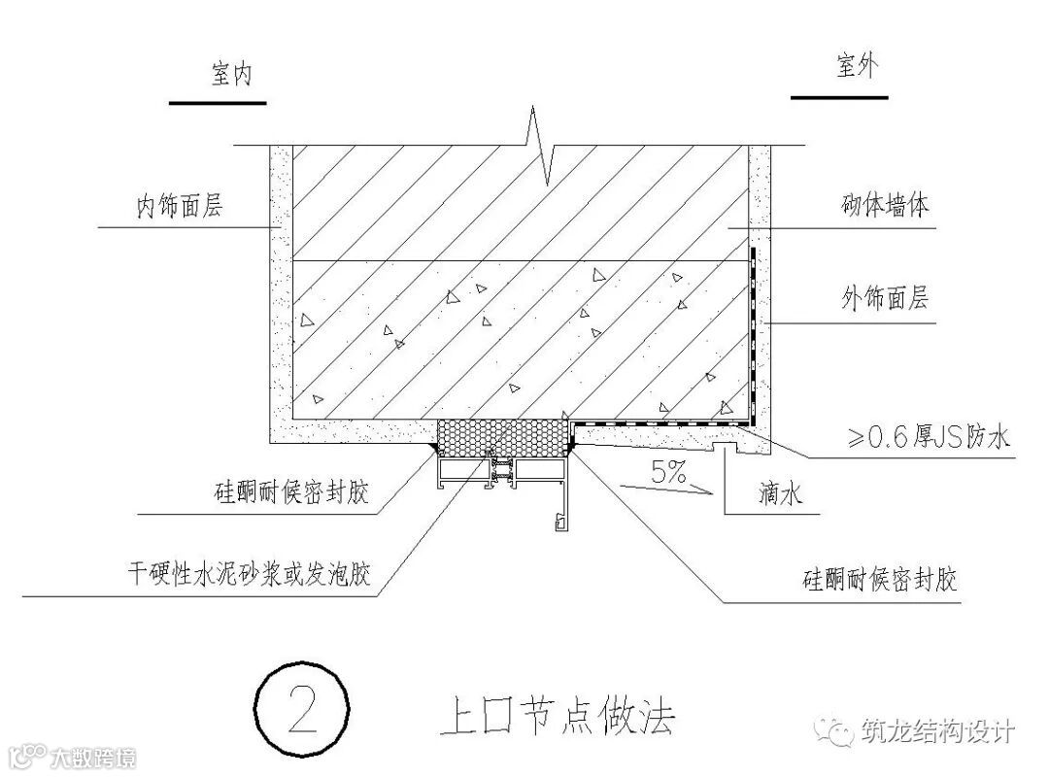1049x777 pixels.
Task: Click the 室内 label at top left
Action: pos(230,75)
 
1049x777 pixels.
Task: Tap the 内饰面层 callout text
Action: pos(179,206)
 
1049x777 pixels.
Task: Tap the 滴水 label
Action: pos(779,495)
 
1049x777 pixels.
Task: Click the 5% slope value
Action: pos(669,474)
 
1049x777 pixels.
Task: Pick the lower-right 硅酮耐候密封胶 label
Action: pos(880,581)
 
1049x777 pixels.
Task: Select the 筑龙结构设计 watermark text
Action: pos(937,730)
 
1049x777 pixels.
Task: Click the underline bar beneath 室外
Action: pos(839,97)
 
